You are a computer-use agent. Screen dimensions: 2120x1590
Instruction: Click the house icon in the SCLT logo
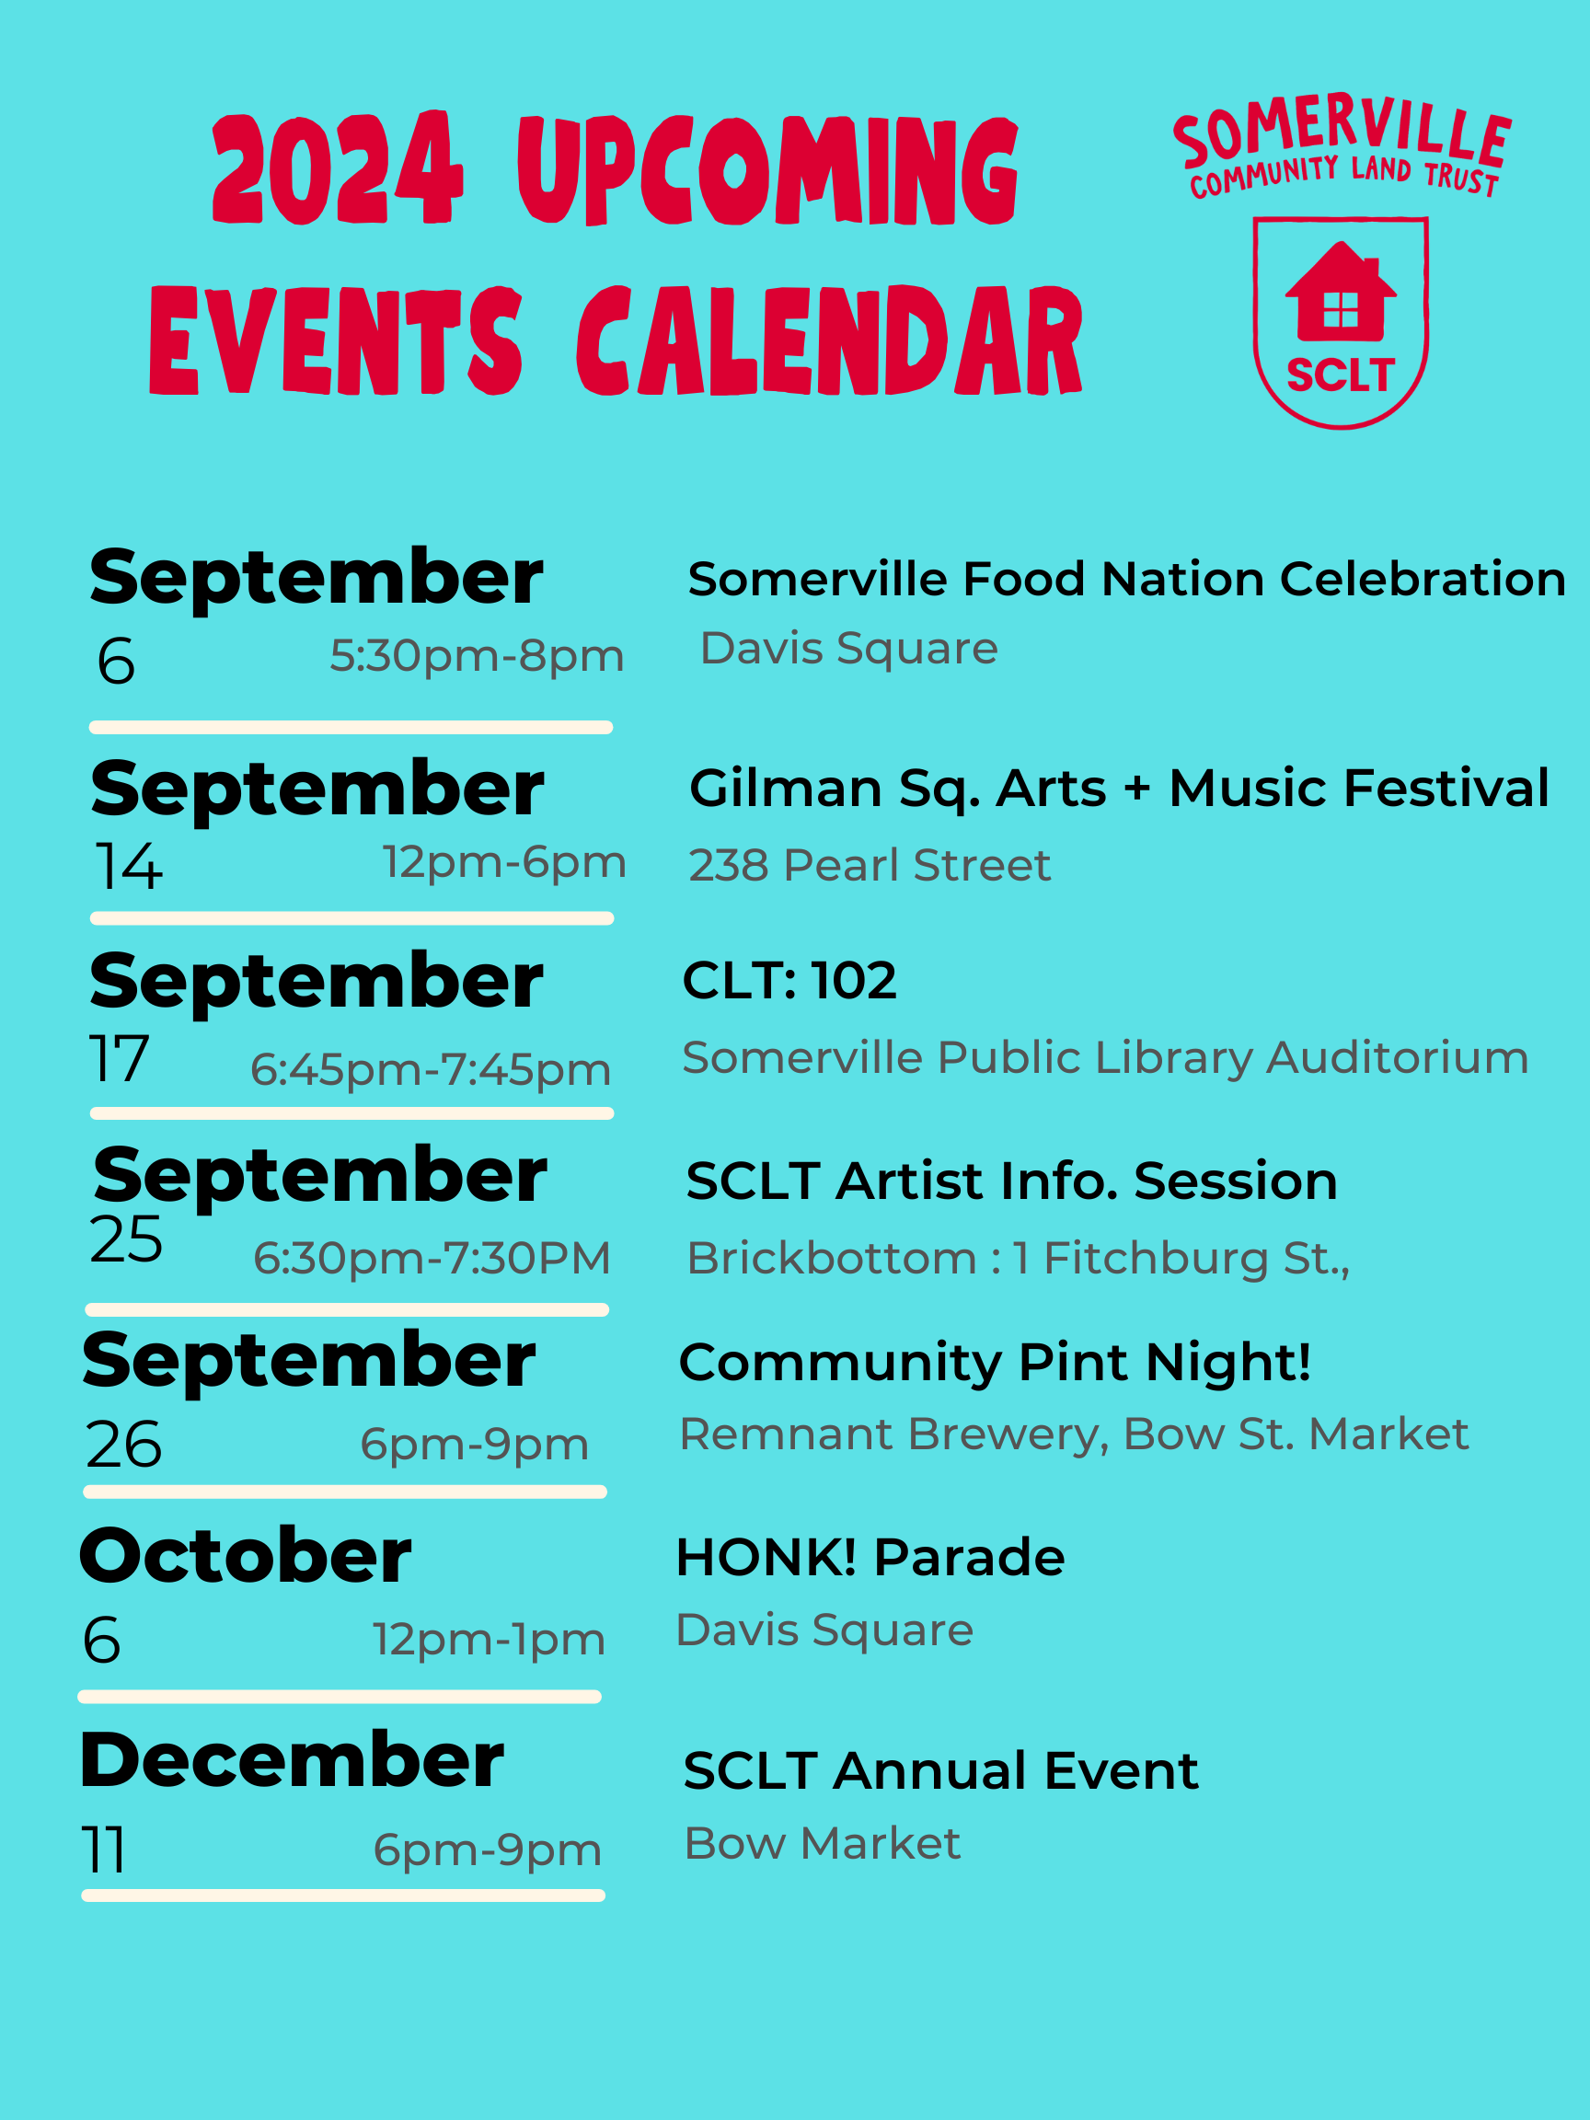click(1340, 293)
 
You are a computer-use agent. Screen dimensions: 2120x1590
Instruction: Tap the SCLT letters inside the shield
click(1339, 374)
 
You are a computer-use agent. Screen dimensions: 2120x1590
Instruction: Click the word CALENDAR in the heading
click(829, 341)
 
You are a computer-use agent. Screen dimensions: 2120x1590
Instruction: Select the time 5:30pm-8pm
click(477, 656)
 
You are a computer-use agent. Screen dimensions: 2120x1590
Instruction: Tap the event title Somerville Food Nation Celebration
click(1126, 580)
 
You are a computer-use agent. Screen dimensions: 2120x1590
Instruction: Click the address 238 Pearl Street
click(870, 866)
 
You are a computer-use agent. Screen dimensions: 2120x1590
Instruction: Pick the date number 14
click(129, 867)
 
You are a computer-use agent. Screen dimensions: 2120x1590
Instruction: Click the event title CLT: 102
click(789, 981)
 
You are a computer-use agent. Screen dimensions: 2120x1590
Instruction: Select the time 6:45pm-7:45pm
click(431, 1069)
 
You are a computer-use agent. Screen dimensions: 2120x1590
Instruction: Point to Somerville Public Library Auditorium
click(1104, 1058)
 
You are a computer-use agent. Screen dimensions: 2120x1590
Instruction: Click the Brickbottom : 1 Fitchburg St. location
click(1018, 1259)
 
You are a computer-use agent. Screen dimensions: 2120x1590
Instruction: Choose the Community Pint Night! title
click(994, 1362)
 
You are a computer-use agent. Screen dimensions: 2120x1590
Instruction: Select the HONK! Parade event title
click(870, 1558)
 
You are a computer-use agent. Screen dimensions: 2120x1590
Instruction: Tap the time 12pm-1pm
click(489, 1640)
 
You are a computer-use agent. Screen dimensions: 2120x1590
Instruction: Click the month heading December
click(292, 1760)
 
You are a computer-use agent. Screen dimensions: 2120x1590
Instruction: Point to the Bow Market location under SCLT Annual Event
click(822, 1843)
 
